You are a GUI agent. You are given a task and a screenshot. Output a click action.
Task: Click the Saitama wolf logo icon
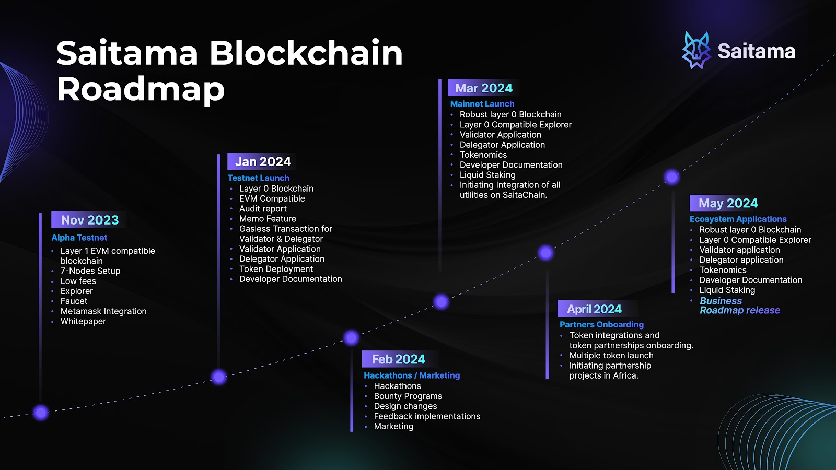tap(696, 51)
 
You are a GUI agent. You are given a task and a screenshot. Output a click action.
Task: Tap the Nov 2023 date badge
tap(89, 220)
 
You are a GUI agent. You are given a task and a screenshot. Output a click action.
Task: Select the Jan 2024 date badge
tap(262, 162)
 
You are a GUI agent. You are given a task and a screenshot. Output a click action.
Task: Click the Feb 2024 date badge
tap(398, 359)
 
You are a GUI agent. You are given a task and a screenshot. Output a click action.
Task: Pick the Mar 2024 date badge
tap(483, 88)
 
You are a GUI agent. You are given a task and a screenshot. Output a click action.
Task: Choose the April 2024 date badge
tap(594, 309)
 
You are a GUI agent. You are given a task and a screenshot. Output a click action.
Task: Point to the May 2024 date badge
tap(728, 203)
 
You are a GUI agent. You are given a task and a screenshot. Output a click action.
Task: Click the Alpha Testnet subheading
tap(79, 238)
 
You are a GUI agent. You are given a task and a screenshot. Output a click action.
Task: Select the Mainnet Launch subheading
tap(482, 104)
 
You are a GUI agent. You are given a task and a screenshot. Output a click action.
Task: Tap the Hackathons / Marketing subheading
tap(412, 375)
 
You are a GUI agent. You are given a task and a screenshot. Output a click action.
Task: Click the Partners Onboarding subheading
tap(601, 324)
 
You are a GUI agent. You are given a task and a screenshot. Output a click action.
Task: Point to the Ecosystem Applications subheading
tap(738, 219)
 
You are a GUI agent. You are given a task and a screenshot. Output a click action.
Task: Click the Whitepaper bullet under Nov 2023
tap(83, 321)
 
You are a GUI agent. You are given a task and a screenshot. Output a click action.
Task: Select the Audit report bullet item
tap(263, 208)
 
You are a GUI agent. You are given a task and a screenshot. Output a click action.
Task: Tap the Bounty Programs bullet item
tap(408, 396)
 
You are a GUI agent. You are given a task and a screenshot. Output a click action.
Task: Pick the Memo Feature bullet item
tap(268, 219)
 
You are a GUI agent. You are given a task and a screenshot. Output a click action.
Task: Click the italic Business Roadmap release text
tap(739, 305)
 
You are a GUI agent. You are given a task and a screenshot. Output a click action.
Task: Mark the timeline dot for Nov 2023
tap(41, 412)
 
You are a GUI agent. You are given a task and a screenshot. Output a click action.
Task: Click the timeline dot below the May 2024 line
tap(672, 177)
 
